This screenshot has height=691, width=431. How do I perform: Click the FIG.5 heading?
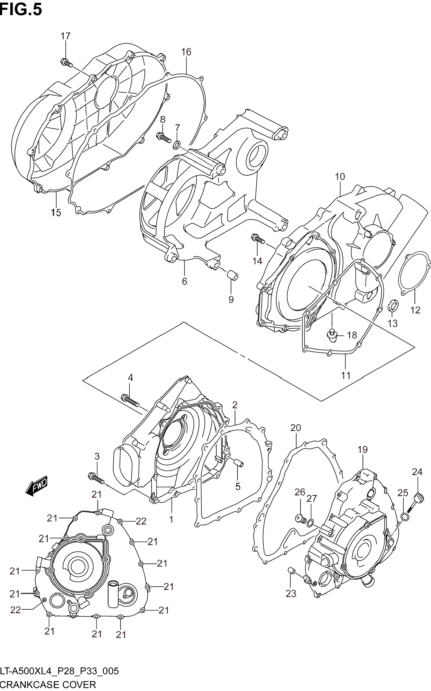[x=21, y=9]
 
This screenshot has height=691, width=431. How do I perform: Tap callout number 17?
[x=65, y=36]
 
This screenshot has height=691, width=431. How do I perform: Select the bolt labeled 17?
[x=66, y=63]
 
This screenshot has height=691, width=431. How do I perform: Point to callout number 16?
[x=186, y=52]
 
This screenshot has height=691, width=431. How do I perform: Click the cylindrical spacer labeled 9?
[x=232, y=276]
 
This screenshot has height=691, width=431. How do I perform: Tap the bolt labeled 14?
[x=258, y=238]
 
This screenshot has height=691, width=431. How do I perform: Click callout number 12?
[x=415, y=310]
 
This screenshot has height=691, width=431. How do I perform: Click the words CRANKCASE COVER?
[x=48, y=685]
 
